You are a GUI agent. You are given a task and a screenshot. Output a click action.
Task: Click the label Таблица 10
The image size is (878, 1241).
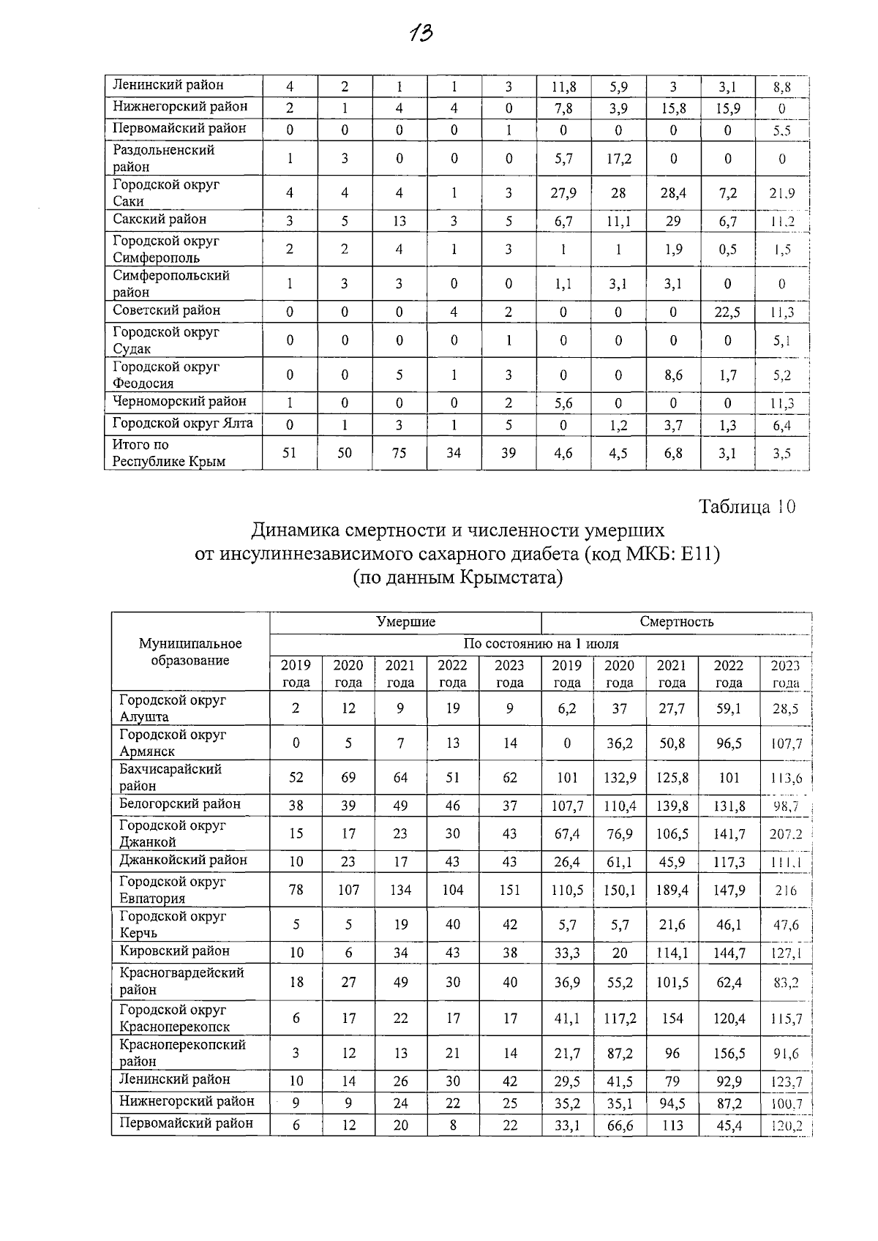pyautogui.click(x=746, y=507)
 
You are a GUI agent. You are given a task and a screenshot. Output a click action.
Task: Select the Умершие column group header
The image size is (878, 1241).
pyautogui.click(x=405, y=622)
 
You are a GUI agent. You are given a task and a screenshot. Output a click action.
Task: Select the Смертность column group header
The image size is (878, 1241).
pyautogui.click(x=676, y=622)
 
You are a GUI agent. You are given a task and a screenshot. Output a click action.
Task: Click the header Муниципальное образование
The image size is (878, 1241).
pyautogui.click(x=190, y=651)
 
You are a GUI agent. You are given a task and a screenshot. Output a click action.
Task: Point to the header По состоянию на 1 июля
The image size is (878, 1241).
pyautogui.click(x=541, y=644)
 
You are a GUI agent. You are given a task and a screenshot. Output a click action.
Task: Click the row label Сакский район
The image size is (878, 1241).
pyautogui.click(x=160, y=220)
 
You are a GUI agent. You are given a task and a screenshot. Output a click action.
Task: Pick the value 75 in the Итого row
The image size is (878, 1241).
pyautogui.click(x=399, y=453)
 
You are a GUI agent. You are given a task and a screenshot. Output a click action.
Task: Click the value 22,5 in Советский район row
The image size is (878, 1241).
pyautogui.click(x=727, y=312)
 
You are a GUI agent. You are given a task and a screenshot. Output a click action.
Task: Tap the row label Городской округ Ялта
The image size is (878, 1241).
pyautogui.click(x=183, y=423)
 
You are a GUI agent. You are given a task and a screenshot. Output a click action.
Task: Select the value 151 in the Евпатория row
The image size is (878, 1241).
pyautogui.click(x=509, y=890)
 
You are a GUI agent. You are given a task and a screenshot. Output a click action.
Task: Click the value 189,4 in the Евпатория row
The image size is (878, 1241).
pyautogui.click(x=672, y=890)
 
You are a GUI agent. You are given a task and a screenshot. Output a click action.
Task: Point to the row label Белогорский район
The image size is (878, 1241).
pyautogui.click(x=180, y=804)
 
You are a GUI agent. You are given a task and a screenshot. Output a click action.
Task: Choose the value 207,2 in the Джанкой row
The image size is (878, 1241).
pyautogui.click(x=786, y=834)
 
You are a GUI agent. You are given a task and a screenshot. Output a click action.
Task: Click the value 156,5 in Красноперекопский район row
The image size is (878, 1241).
pyautogui.click(x=729, y=1053)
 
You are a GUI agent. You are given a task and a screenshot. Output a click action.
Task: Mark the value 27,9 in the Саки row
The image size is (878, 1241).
pyautogui.click(x=563, y=194)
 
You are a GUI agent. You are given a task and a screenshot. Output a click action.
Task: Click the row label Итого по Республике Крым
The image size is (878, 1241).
pyautogui.click(x=168, y=453)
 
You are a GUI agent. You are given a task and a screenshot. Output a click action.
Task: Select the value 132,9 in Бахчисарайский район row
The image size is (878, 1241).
pyautogui.click(x=619, y=778)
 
